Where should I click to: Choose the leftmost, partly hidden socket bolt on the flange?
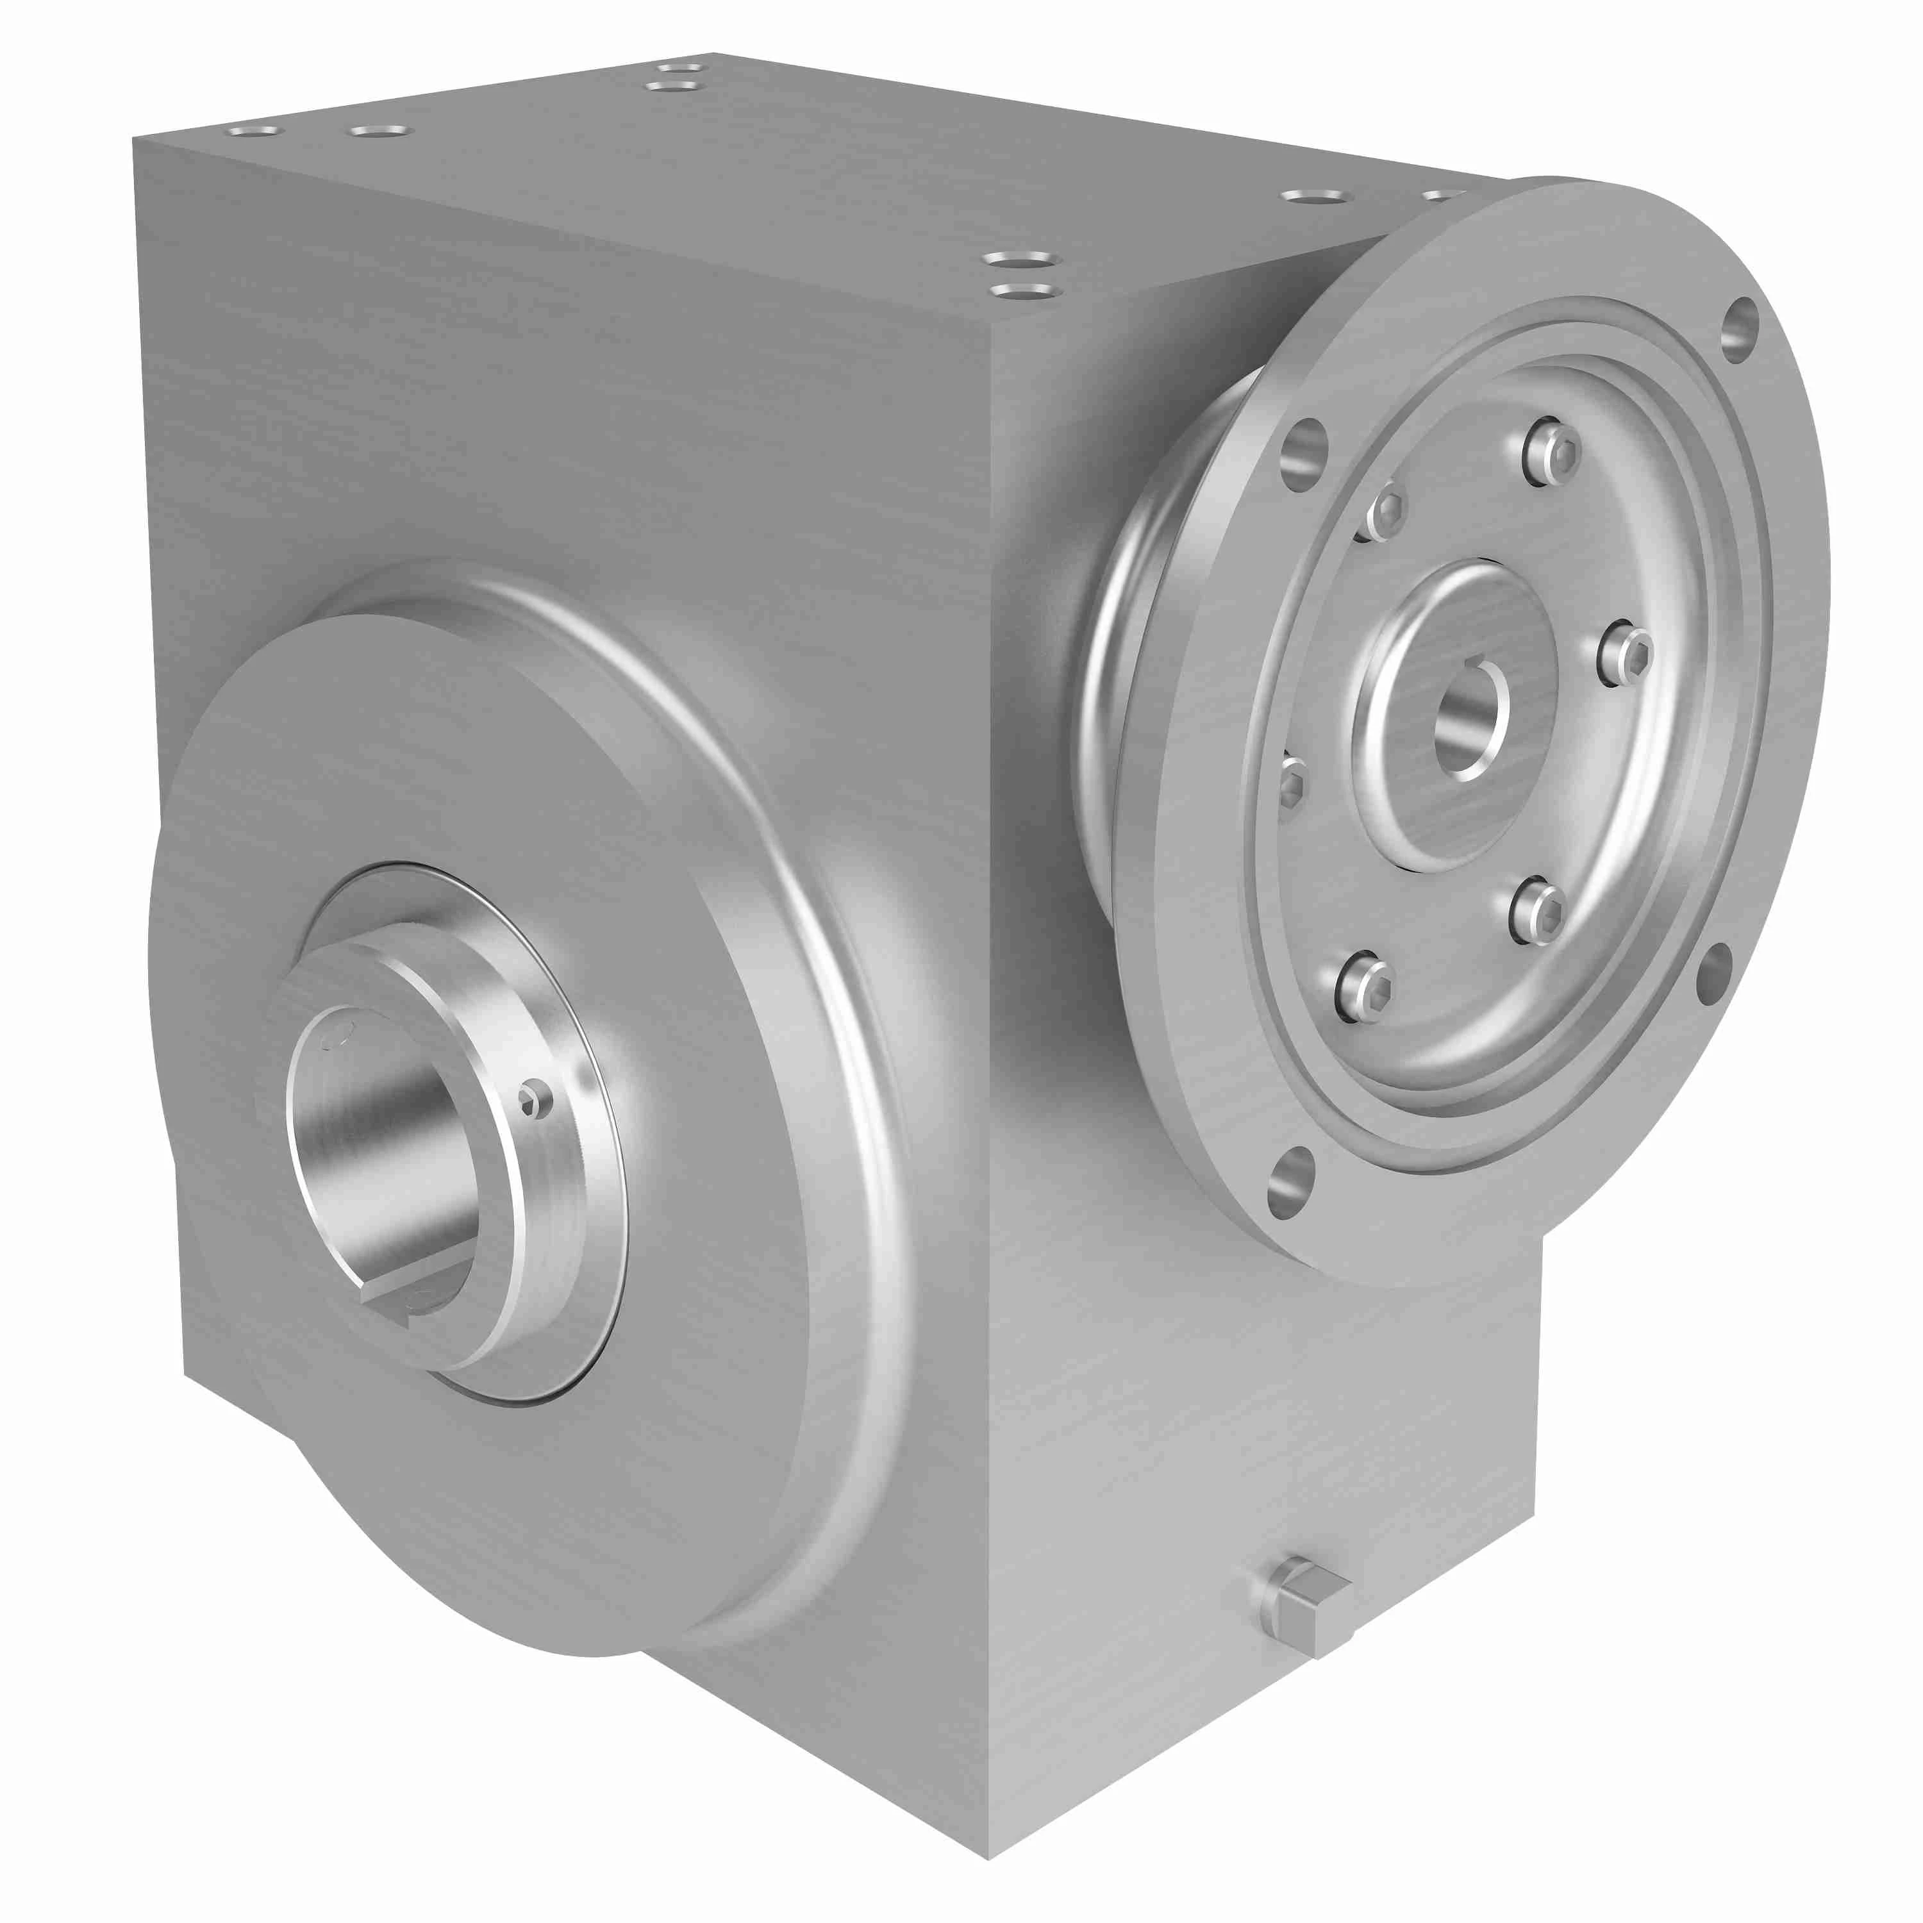[1290, 781]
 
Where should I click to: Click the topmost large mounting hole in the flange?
[1739, 329]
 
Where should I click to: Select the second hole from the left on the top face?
[379, 130]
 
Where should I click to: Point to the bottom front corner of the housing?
[989, 1858]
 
